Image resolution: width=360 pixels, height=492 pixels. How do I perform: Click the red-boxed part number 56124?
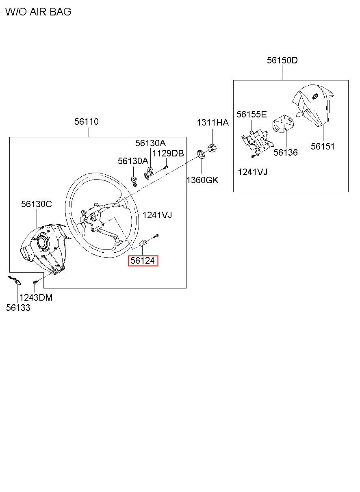(143, 261)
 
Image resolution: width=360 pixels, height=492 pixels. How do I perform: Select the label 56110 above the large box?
(86, 121)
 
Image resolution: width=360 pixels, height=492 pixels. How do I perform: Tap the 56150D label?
(282, 60)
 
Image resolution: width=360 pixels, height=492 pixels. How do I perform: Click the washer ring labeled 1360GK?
(201, 154)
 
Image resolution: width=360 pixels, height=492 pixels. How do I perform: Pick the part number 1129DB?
(168, 153)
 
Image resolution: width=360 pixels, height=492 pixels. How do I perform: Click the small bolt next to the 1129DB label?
(165, 167)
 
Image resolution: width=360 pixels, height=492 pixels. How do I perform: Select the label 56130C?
(37, 204)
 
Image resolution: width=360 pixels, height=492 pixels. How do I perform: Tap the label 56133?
(18, 308)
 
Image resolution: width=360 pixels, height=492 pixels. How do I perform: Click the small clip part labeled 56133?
(15, 280)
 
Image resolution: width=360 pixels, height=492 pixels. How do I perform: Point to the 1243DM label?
(36, 298)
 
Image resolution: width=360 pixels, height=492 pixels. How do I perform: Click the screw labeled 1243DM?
(35, 282)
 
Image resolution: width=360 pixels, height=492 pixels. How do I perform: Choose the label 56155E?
(252, 114)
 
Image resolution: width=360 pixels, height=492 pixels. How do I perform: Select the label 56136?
(286, 152)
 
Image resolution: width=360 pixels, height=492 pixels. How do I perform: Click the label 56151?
(323, 146)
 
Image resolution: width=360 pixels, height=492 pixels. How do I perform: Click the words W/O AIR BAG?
(38, 11)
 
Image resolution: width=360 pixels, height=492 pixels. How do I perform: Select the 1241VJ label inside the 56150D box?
(253, 172)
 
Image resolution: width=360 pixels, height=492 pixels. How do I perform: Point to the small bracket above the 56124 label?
(143, 243)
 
